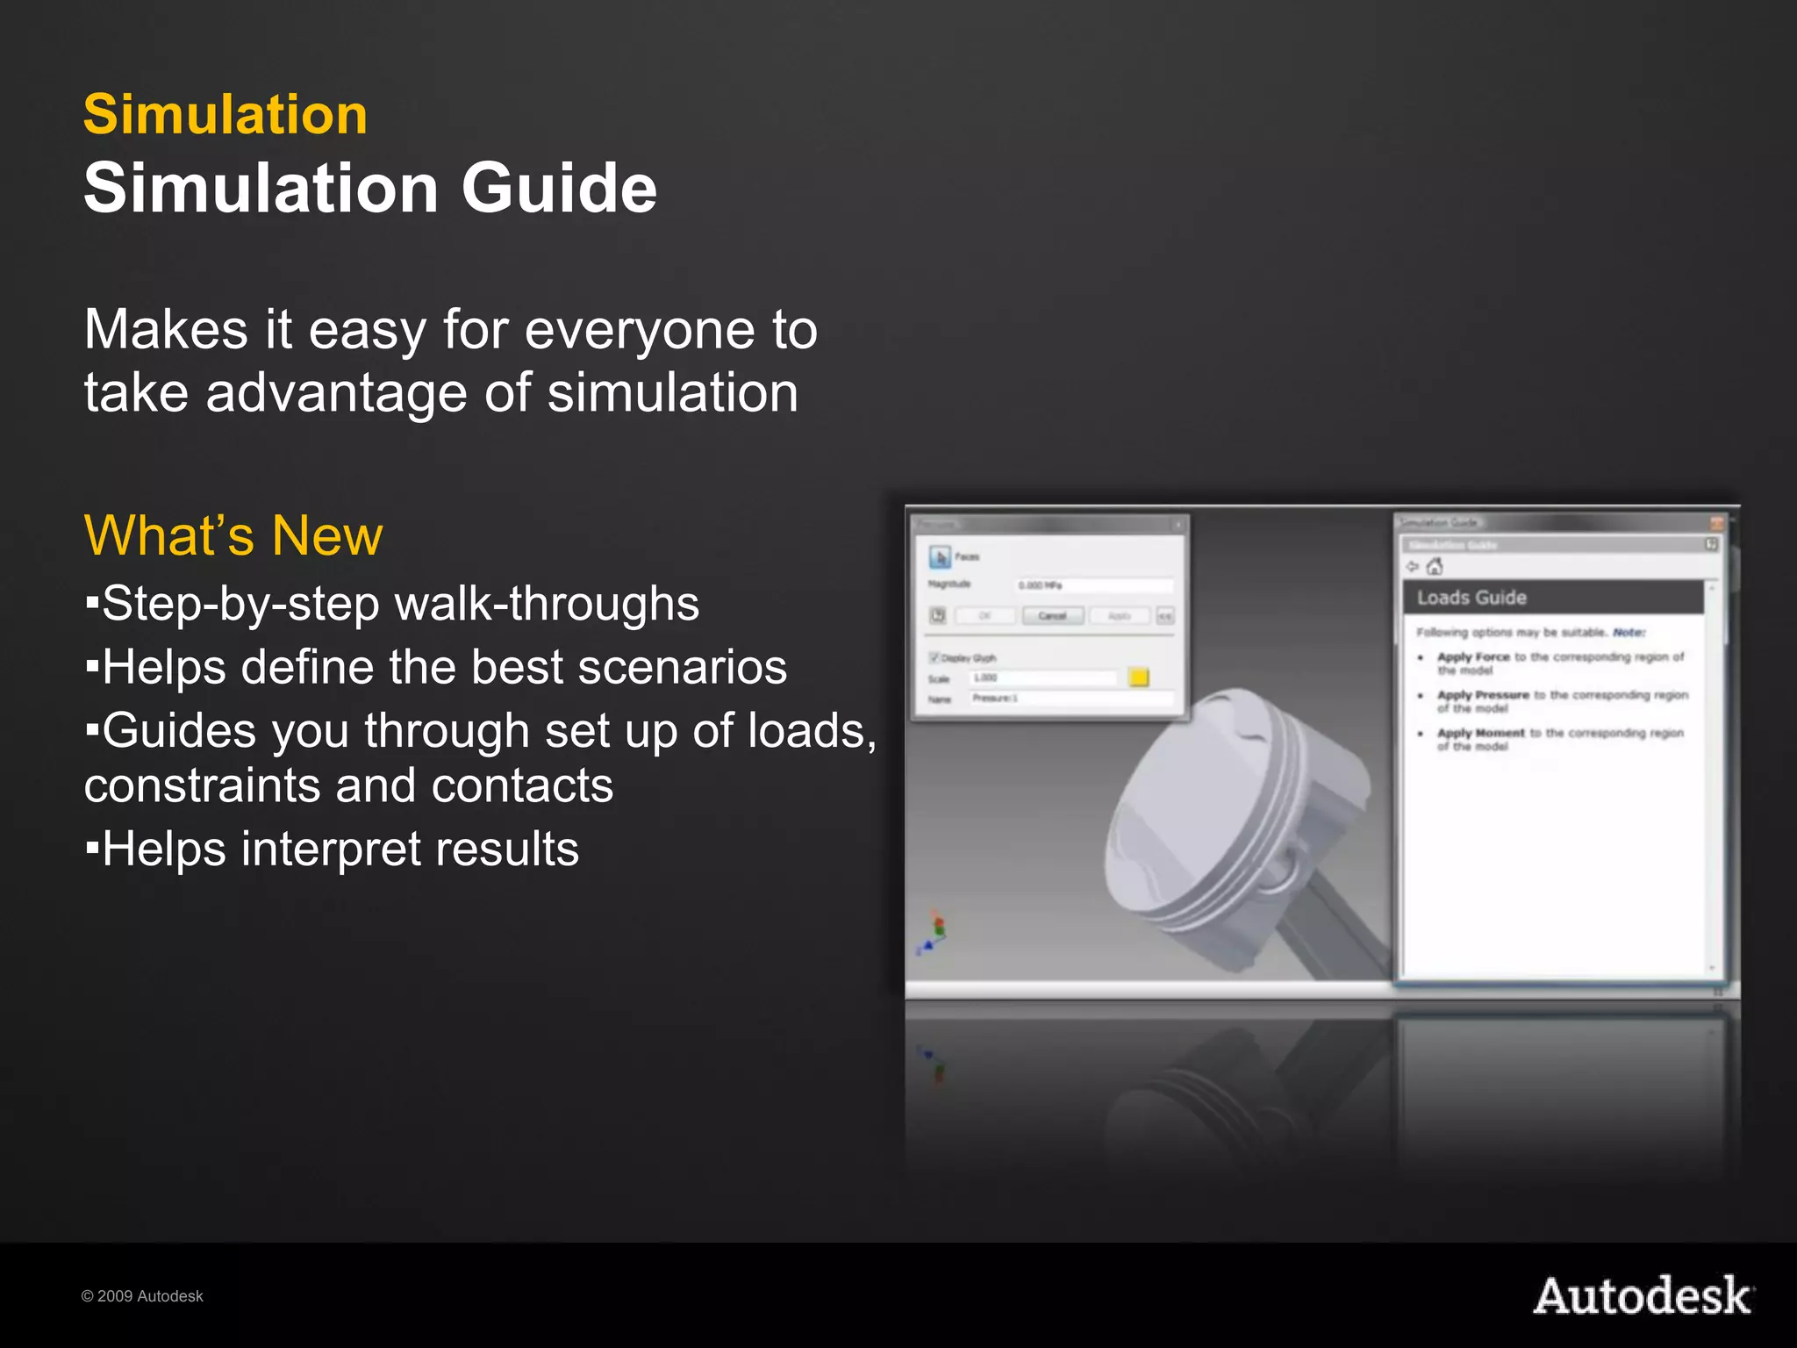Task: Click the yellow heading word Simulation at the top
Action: click(226, 115)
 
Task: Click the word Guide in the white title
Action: click(559, 189)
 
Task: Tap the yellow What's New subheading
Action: click(233, 535)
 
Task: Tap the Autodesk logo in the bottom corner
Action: click(1643, 1296)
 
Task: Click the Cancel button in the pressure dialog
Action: click(1052, 616)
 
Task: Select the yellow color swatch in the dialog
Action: click(1139, 678)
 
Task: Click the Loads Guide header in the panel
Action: click(1471, 598)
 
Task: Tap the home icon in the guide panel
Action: click(1435, 567)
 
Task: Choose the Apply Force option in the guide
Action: click(1473, 656)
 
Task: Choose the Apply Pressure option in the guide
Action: click(1483, 695)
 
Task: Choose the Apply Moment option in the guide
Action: click(1480, 733)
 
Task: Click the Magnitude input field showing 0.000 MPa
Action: click(1093, 585)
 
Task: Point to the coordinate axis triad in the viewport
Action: click(934, 934)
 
